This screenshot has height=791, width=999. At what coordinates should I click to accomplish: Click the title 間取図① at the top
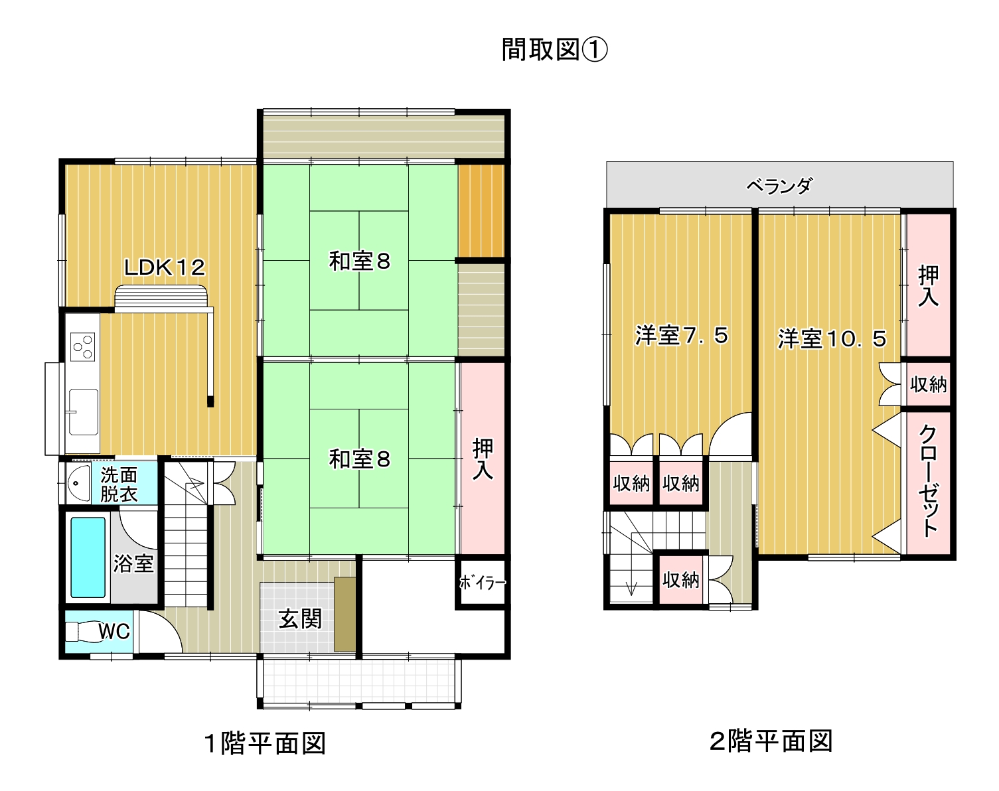555,50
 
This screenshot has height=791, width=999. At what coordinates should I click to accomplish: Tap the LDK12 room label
165,267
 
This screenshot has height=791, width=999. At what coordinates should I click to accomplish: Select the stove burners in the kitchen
82,347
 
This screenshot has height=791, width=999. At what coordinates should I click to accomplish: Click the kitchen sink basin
84,411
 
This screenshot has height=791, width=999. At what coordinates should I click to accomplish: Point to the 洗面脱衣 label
119,484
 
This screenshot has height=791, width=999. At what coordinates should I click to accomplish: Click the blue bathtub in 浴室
88,557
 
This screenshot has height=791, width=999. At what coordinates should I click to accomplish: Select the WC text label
114,631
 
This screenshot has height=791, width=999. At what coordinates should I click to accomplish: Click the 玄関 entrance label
300,618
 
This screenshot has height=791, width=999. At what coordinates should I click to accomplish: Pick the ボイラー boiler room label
483,583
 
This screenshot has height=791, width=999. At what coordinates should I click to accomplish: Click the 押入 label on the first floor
483,459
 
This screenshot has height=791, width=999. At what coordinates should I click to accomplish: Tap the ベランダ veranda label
780,186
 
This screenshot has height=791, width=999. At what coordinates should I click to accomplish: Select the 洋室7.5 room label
681,335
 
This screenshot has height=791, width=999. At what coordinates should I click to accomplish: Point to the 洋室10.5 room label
832,338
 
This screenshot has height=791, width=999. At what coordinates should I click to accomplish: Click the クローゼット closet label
928,481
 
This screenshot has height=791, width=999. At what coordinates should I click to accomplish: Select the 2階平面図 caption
771,741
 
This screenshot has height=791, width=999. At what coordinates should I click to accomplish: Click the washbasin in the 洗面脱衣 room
78,483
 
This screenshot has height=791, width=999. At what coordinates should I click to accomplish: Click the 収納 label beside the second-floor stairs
680,580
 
